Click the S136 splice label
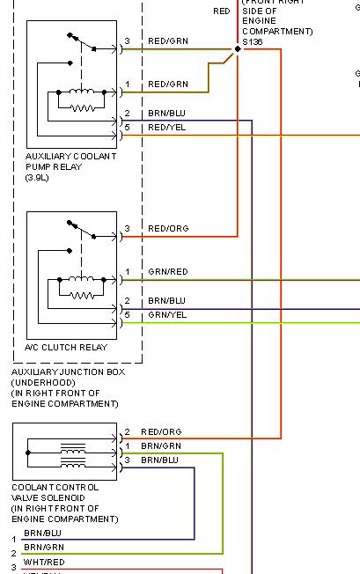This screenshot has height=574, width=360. pyautogui.click(x=252, y=41)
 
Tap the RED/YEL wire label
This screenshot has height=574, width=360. pyautogui.click(x=167, y=128)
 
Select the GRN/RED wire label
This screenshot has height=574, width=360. pyautogui.click(x=167, y=271)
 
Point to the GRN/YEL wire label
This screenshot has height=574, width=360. pyautogui.click(x=167, y=314)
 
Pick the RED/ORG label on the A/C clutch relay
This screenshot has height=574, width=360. pyautogui.click(x=167, y=229)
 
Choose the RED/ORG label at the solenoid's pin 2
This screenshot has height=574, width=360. pyautogui.click(x=161, y=432)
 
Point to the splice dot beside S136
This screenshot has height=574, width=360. pyautogui.click(x=238, y=49)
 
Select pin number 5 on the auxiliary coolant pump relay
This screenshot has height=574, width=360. pyautogui.click(x=128, y=128)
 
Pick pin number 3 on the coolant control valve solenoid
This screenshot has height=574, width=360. pyautogui.click(x=127, y=460)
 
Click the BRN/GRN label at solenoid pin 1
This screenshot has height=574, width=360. pyautogui.click(x=159, y=446)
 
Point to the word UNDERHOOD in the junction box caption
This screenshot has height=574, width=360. pyautogui.click(x=41, y=383)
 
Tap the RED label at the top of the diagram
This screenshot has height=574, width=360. pyautogui.click(x=222, y=11)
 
